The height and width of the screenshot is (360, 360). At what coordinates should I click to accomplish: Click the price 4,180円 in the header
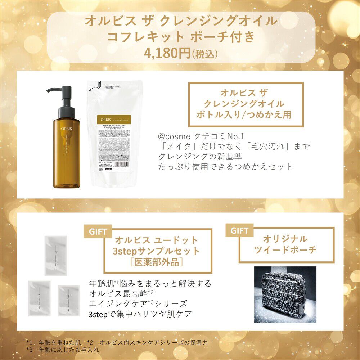pos(167,53)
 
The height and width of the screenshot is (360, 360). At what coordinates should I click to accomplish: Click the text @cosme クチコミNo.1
pos(201,137)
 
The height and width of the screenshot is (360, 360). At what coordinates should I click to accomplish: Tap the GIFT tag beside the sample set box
pos(98,231)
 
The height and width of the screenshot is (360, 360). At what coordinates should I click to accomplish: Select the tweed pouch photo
pos(285,294)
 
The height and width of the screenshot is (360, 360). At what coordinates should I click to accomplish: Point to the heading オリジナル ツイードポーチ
pos(285,244)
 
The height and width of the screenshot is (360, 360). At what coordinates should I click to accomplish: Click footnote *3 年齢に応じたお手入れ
pos(63,350)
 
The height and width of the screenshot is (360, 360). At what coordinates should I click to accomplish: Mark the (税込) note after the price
pos(205,54)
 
